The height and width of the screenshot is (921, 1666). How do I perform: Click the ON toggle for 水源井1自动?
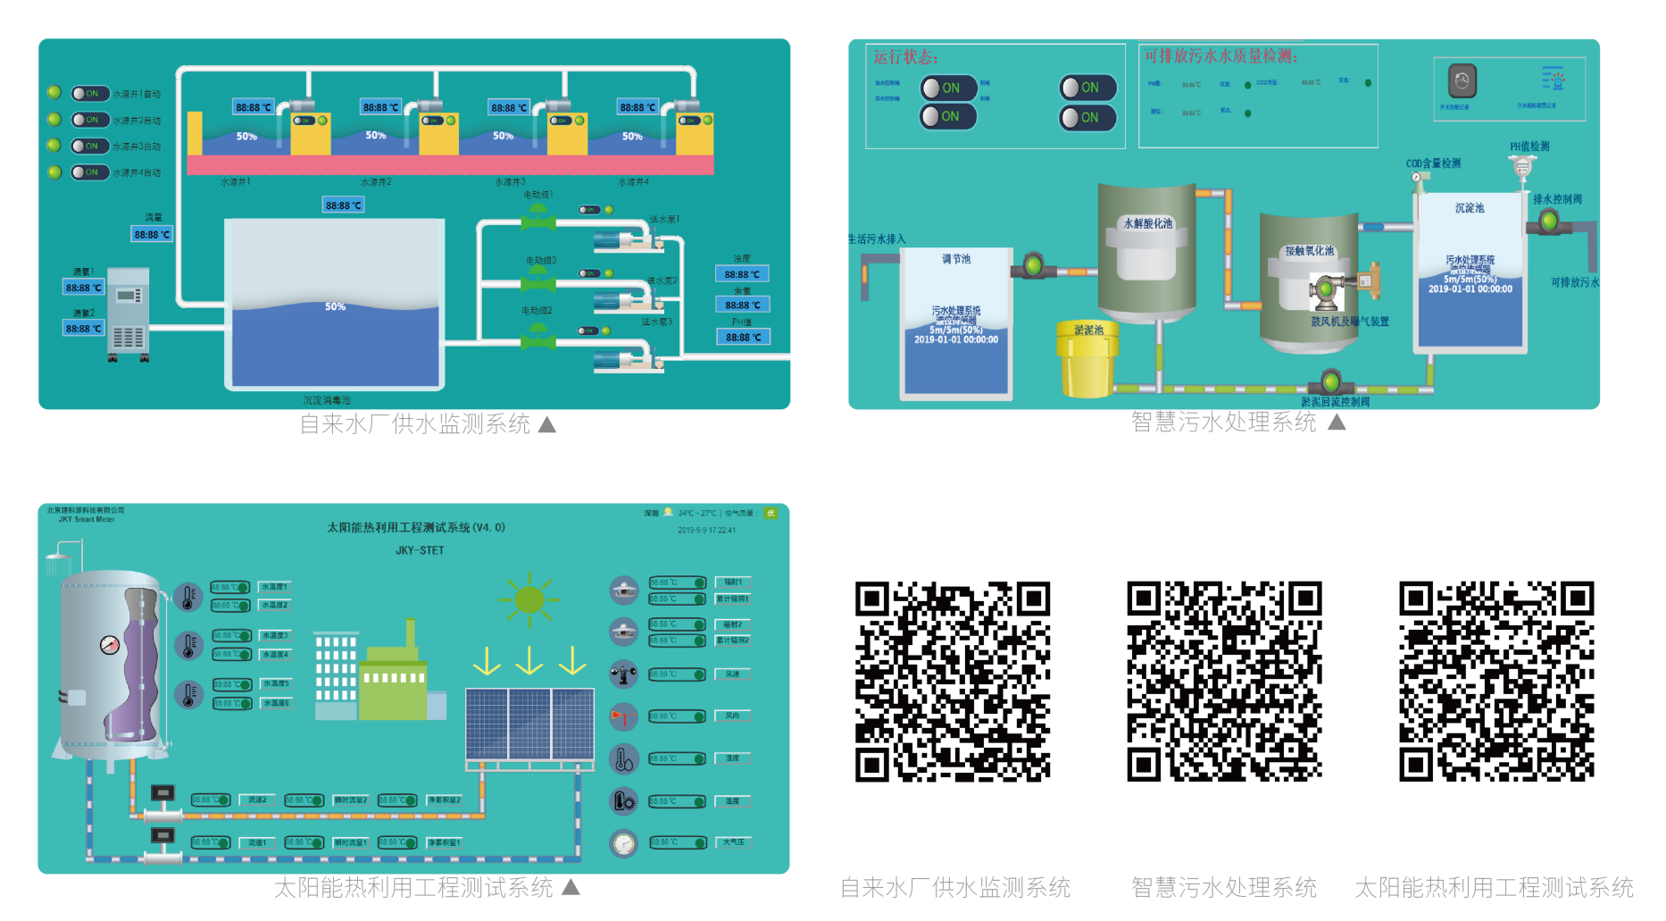89,93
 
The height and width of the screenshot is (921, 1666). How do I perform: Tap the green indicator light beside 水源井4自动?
54,172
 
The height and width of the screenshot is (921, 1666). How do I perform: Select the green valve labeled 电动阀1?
537,214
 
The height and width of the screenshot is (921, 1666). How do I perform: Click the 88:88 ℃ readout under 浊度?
742,274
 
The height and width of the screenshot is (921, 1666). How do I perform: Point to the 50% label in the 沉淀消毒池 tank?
335,306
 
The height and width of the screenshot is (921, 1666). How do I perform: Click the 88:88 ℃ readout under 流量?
152,234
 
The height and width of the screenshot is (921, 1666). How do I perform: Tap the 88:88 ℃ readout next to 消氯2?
83,328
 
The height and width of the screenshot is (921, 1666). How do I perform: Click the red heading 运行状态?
905,57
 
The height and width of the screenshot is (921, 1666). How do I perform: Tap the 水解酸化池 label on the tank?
1147,223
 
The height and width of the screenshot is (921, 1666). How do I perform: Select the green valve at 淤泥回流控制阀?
1331,382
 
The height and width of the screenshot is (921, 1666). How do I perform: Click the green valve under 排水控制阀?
1549,222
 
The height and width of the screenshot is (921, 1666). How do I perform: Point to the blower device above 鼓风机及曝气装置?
1327,289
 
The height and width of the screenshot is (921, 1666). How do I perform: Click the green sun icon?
529,599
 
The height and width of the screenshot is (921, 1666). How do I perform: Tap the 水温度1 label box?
275,587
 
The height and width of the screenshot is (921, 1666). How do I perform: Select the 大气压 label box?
733,841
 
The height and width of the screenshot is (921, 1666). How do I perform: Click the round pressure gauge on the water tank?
110,644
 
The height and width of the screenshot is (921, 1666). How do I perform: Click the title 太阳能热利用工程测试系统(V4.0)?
416,527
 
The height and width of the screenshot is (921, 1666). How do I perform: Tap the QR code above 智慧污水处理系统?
1224,682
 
